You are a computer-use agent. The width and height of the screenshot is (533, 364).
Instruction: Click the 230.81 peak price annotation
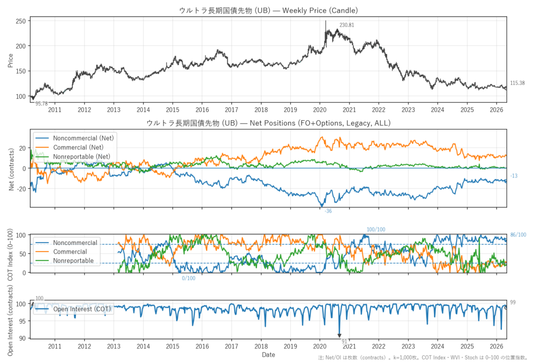pos(346,25)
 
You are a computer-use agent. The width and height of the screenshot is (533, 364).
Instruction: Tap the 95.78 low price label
pos(42,104)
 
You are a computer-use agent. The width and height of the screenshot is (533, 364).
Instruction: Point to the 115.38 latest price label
pos(517,83)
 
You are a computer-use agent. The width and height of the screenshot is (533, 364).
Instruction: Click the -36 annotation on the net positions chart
pos(328,211)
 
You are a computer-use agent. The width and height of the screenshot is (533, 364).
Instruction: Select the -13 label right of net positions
pos(514,176)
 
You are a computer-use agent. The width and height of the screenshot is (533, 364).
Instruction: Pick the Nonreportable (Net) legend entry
pos(73,157)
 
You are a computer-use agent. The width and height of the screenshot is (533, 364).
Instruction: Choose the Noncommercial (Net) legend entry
pos(74,138)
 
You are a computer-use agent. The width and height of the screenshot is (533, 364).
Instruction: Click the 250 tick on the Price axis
pos(21,21)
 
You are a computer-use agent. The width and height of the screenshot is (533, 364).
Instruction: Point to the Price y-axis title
pos(10,60)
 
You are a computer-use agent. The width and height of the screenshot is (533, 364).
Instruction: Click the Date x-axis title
pos(268,355)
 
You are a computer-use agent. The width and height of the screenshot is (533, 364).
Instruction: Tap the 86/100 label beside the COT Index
pos(518,235)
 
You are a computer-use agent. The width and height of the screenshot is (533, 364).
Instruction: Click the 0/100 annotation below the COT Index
pos(188,278)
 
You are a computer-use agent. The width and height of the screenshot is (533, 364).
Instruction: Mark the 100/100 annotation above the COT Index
pos(376,230)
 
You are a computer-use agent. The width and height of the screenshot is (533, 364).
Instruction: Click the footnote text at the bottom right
pos(423,358)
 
